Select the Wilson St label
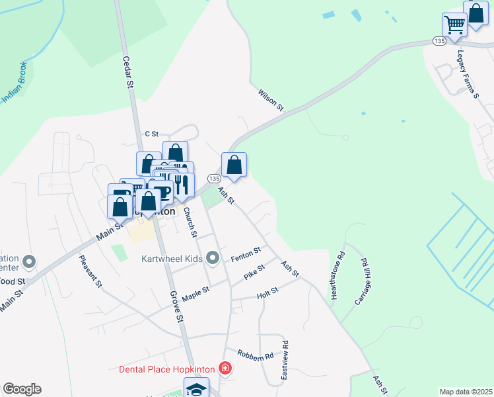[x=271, y=98]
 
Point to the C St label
[x=152, y=134]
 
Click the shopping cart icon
[x=454, y=26]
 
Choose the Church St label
[x=190, y=222]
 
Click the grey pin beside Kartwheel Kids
[x=212, y=257]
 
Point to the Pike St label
[x=254, y=271]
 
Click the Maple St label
[x=195, y=292]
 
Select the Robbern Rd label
[x=256, y=355]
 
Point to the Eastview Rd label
[x=285, y=359]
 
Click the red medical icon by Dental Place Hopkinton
[x=226, y=368]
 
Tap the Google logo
[x=22, y=389]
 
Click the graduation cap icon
[x=196, y=389]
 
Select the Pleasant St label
[x=90, y=271]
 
